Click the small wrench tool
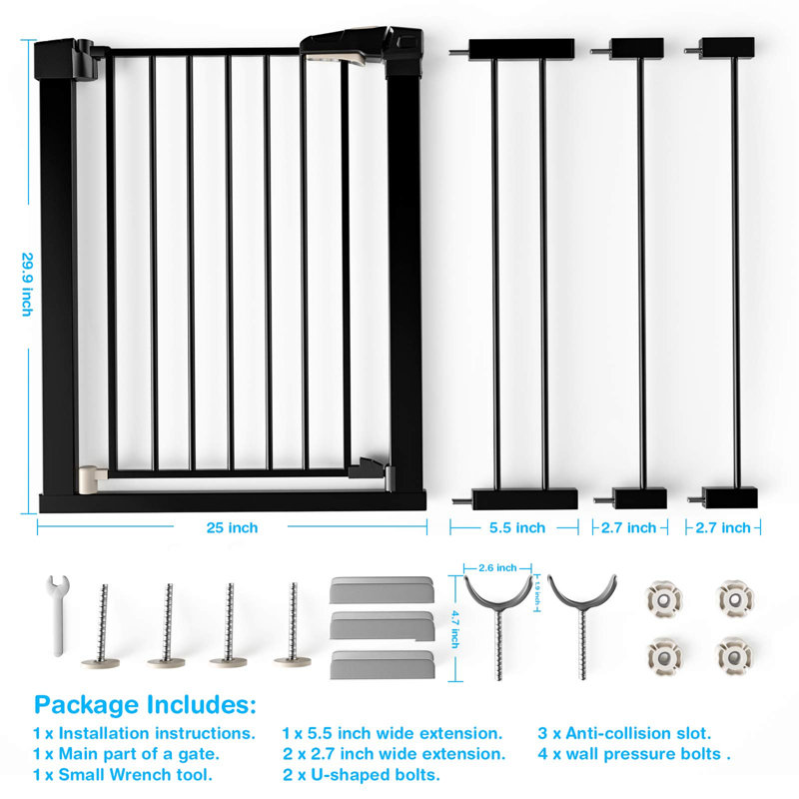click(x=57, y=615)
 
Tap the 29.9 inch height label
click(x=27, y=285)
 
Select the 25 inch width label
click(x=232, y=527)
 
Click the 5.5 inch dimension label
click(x=517, y=527)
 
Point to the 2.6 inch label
click(x=497, y=567)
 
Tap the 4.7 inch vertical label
click(x=454, y=629)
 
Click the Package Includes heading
click(x=145, y=706)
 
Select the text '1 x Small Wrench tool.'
click(x=123, y=775)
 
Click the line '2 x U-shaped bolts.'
click(x=362, y=775)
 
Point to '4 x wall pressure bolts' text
click(x=629, y=754)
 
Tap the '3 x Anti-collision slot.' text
click(x=624, y=733)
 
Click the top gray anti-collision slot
click(x=383, y=589)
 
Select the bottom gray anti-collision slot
click(x=383, y=664)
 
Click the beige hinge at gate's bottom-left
click(x=92, y=480)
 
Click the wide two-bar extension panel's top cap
click(x=521, y=49)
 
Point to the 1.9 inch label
click(x=536, y=592)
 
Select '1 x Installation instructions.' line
click(x=144, y=733)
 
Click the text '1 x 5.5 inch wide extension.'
click(x=393, y=733)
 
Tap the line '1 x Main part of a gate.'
click(x=126, y=754)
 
